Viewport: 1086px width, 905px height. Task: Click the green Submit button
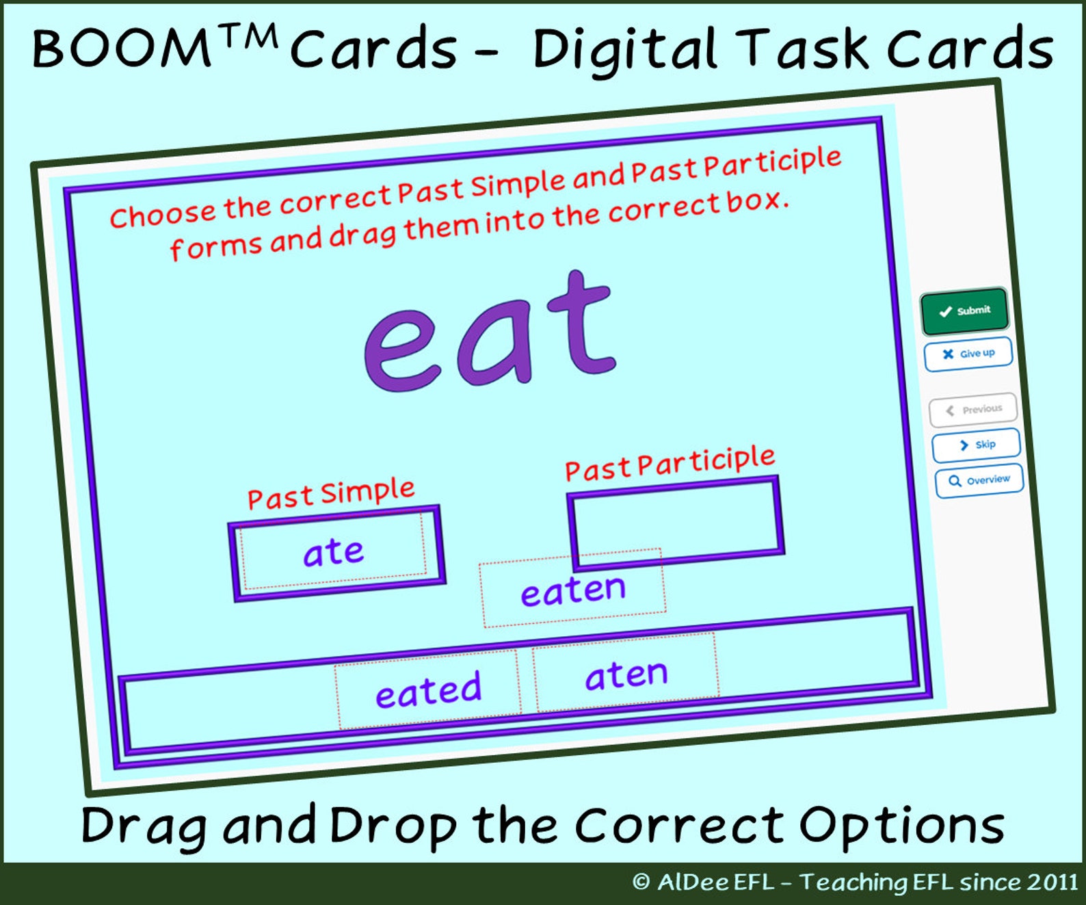(x=964, y=311)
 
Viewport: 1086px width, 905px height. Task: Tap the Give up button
(x=968, y=354)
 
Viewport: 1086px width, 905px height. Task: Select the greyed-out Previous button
(x=973, y=409)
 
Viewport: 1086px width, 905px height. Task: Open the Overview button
(x=979, y=480)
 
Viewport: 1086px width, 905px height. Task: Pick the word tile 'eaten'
(x=572, y=589)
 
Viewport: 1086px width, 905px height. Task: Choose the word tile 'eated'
(x=428, y=690)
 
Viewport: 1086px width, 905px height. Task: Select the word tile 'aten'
(x=626, y=674)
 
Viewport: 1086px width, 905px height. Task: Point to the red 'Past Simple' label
(x=331, y=493)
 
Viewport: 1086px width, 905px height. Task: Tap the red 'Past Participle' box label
(x=670, y=463)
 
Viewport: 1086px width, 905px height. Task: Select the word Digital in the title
(x=624, y=49)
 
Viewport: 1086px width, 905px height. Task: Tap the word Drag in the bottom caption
(x=144, y=826)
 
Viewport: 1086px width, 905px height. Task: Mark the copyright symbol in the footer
(x=641, y=882)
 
